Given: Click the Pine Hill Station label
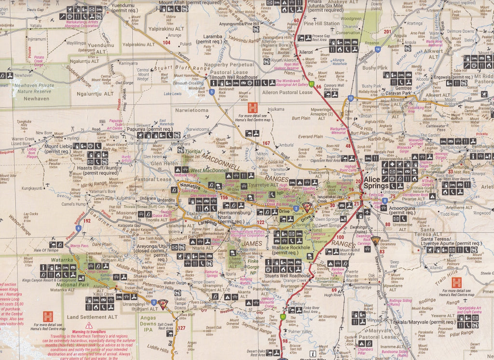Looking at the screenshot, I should tap(322, 23).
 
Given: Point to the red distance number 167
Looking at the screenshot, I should tap(266, 143).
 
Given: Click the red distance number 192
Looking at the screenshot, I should tap(87, 221).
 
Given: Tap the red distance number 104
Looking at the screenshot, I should tap(167, 42).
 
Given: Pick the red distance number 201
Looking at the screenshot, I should tap(387, 32).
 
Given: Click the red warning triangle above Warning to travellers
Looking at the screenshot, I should tap(89, 325).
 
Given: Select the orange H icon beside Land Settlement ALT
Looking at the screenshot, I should tap(47, 317).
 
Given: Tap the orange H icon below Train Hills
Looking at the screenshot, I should tap(456, 282).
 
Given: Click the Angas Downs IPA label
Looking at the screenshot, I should tap(151, 321).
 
